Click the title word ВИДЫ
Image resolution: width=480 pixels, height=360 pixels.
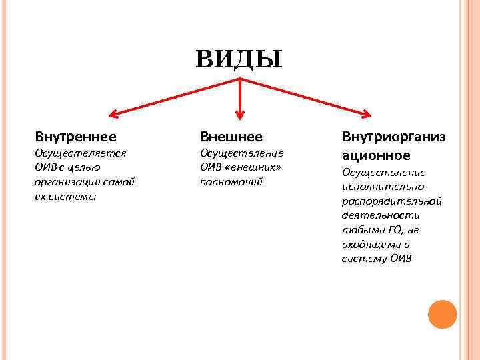coord(239,59)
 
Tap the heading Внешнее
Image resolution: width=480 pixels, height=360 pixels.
coord(231,137)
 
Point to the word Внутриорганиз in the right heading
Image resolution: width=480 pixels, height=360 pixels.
coord(393,137)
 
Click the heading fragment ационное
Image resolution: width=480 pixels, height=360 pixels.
coord(376,155)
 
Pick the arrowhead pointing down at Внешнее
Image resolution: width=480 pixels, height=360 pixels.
coord(241,122)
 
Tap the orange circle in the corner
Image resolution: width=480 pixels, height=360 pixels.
coord(442,314)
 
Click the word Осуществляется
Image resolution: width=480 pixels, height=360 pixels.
coord(80,153)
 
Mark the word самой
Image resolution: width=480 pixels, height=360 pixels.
coord(120,181)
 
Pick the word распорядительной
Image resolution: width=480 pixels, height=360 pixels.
coord(391,201)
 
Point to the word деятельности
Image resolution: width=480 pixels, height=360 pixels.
coord(380,215)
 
